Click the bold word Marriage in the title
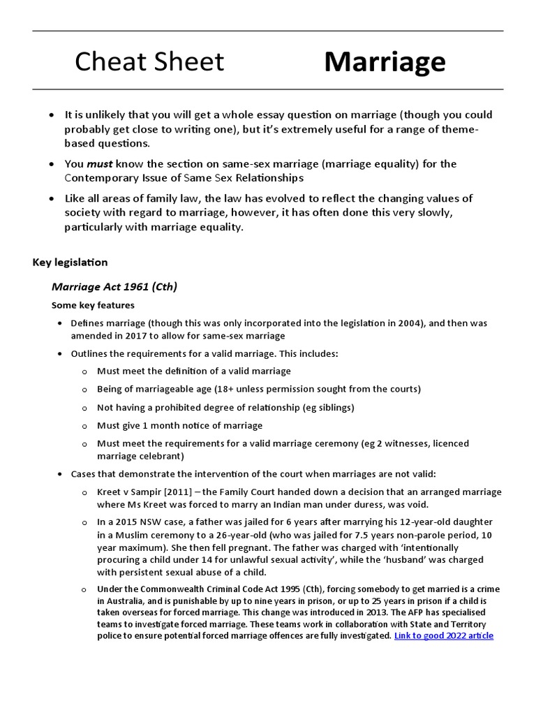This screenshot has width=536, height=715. tap(385, 63)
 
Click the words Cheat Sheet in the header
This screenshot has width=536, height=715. tap(149, 62)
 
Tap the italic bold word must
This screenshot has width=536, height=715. tap(99, 164)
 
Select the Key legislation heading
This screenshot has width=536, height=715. tap(70, 263)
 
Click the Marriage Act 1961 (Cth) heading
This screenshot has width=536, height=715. tap(114, 287)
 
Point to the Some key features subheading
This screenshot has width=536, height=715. tap(93, 306)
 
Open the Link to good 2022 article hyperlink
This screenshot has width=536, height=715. tap(444, 636)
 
